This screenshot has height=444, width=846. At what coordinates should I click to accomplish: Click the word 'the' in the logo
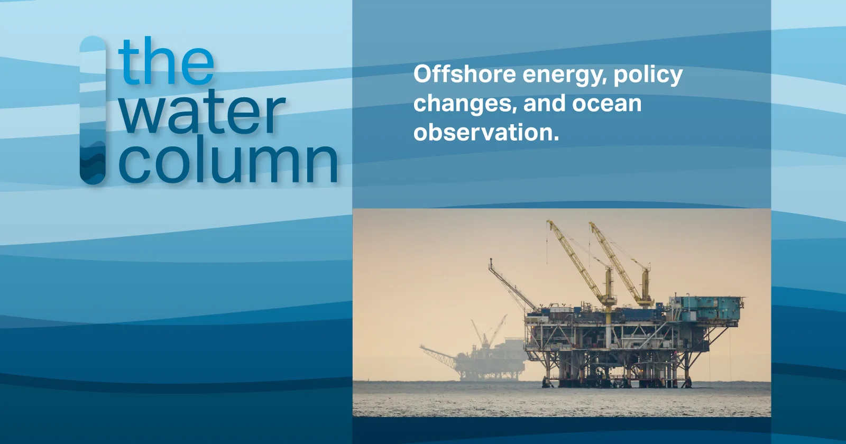167,61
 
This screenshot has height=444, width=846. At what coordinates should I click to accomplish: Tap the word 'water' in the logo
203,112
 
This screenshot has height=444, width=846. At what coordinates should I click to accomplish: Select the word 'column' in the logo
228,161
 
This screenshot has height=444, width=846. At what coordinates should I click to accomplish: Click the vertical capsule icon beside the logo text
93,110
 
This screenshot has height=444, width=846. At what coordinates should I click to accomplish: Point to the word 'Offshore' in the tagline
465,74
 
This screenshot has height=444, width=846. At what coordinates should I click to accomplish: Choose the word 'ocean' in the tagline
606,104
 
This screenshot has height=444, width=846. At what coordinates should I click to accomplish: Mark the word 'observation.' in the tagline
486,133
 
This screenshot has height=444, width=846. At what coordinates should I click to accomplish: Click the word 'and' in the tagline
545,103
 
